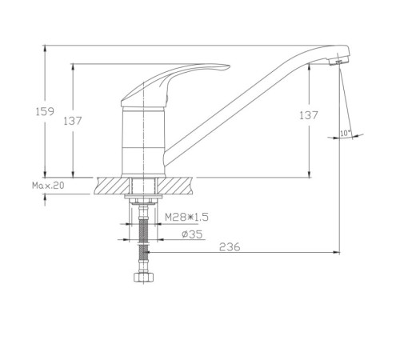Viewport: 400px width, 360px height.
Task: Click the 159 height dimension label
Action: tap(45, 111)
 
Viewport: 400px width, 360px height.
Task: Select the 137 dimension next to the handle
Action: tap(73, 121)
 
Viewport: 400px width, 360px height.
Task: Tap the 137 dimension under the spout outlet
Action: tap(309, 115)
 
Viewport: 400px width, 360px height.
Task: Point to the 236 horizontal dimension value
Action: tap(230, 247)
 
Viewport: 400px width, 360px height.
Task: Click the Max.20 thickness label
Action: tap(48, 186)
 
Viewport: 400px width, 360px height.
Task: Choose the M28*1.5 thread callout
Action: tap(186, 217)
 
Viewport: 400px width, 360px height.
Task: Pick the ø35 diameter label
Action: tap(192, 234)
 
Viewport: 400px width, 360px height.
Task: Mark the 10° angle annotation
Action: tap(346, 133)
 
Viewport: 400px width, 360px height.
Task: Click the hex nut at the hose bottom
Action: tap(144, 278)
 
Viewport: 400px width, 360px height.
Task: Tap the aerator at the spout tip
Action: tap(338, 62)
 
